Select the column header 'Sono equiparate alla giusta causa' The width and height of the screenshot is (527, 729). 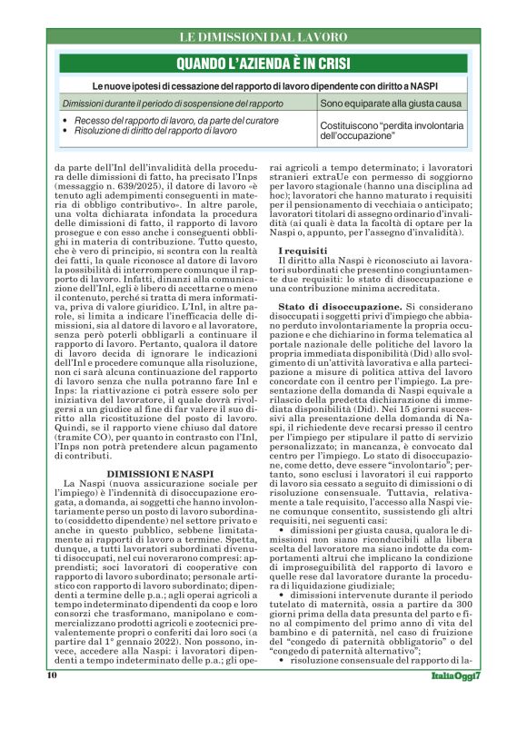point(391,104)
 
